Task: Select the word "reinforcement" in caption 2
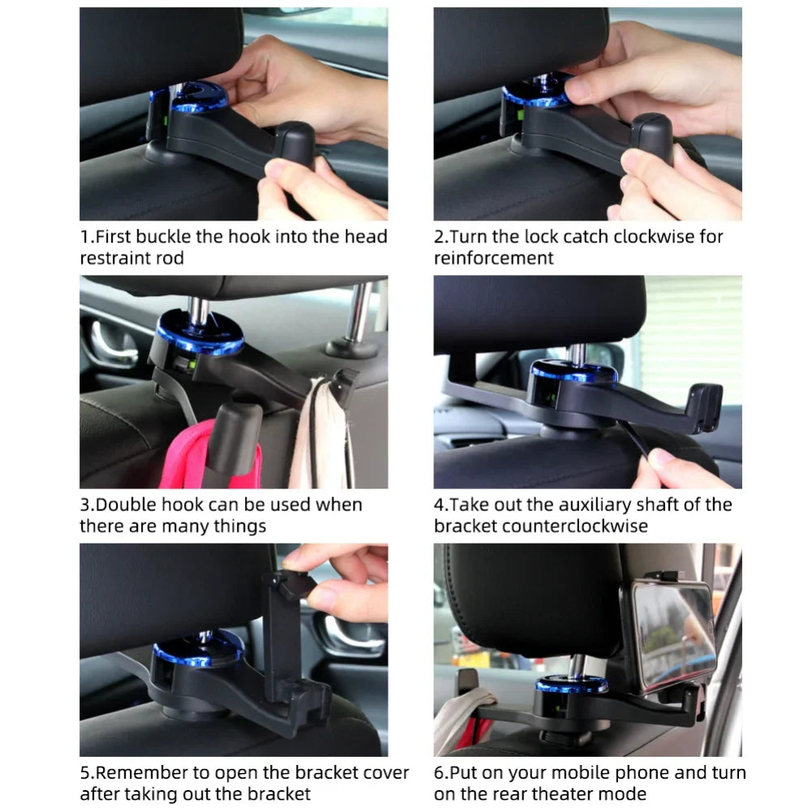point(493,258)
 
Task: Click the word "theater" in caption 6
point(548,793)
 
